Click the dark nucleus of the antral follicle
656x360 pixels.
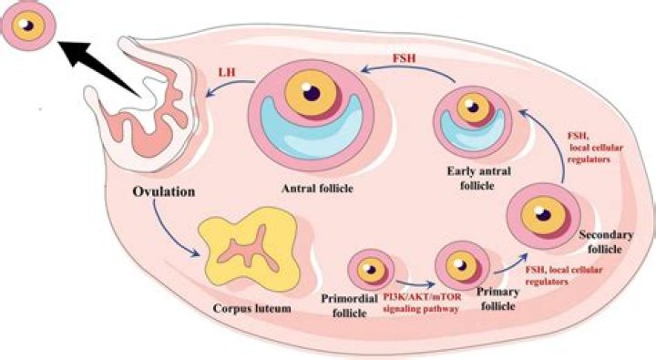click(x=313, y=91)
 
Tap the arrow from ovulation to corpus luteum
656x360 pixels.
click(x=173, y=228)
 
